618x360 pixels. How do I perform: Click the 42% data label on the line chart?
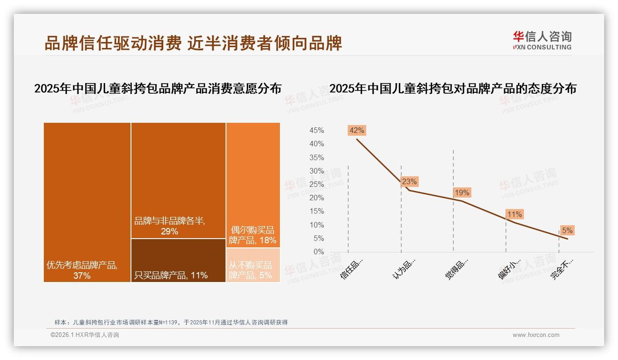(x=357, y=130)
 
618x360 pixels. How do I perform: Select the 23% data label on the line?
(x=409, y=181)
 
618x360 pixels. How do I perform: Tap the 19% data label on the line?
(x=462, y=192)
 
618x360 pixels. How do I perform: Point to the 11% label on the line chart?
(x=514, y=214)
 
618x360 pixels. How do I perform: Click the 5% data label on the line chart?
(x=567, y=230)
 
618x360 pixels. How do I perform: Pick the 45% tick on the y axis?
(x=316, y=131)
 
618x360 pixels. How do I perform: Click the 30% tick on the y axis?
(x=316, y=171)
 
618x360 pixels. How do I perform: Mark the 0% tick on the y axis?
(x=318, y=252)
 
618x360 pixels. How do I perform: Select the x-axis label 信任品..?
(x=352, y=269)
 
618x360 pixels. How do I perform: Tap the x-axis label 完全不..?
(x=563, y=269)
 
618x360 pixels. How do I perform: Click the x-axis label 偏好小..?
(x=510, y=269)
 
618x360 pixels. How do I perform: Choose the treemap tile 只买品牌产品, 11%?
(x=178, y=260)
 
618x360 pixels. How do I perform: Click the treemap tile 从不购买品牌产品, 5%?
(x=253, y=265)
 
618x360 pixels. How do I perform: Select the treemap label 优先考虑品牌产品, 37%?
(x=82, y=270)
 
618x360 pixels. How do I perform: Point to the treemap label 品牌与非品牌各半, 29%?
(x=169, y=226)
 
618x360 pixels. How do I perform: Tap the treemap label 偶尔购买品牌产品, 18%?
(x=252, y=235)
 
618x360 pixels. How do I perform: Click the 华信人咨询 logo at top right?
(x=542, y=41)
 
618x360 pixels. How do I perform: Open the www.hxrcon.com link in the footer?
(x=536, y=335)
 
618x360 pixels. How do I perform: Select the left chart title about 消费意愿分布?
(x=158, y=89)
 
